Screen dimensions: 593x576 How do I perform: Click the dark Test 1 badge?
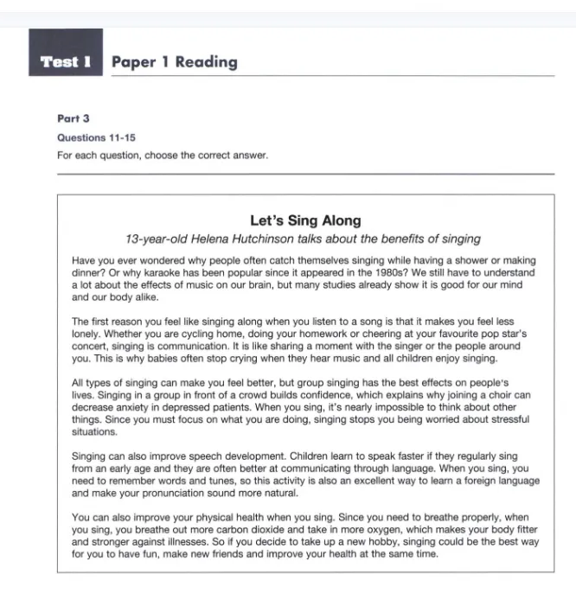[66, 61]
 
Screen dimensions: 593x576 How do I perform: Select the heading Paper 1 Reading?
[174, 61]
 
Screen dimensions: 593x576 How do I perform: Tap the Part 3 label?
[73, 119]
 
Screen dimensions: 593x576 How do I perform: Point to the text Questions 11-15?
[96, 137]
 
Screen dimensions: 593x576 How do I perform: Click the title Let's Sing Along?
[305, 220]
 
